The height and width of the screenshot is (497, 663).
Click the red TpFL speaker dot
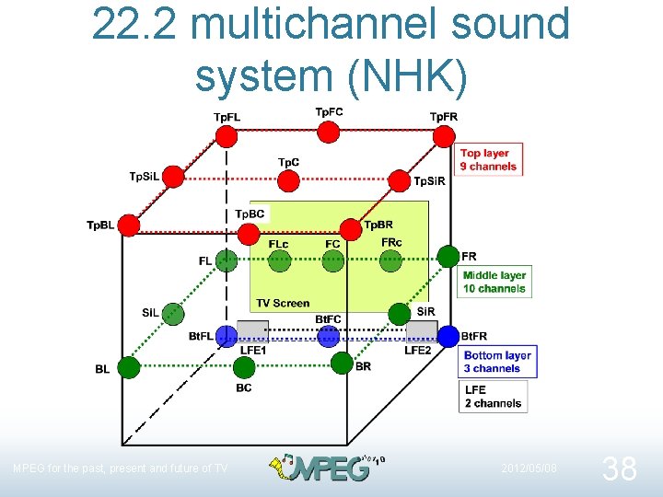[227, 136]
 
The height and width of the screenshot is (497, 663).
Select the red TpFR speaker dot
[444, 136]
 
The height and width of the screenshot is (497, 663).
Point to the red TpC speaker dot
[288, 180]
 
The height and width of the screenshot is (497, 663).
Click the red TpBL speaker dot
[129, 225]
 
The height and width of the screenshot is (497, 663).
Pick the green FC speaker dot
[333, 260]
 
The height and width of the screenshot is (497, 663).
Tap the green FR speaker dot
[448, 256]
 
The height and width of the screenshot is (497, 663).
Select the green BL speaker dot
[129, 367]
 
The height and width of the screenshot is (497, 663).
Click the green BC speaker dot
[243, 368]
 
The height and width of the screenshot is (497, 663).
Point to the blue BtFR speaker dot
[448, 337]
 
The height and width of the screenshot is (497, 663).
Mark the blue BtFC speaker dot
[329, 337]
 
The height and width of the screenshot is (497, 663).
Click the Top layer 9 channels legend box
[488, 160]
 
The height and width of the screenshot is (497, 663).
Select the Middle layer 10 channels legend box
[494, 282]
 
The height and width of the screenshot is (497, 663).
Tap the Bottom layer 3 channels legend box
[498, 362]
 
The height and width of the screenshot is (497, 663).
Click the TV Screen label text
[283, 303]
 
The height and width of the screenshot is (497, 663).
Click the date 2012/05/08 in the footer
[529, 468]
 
